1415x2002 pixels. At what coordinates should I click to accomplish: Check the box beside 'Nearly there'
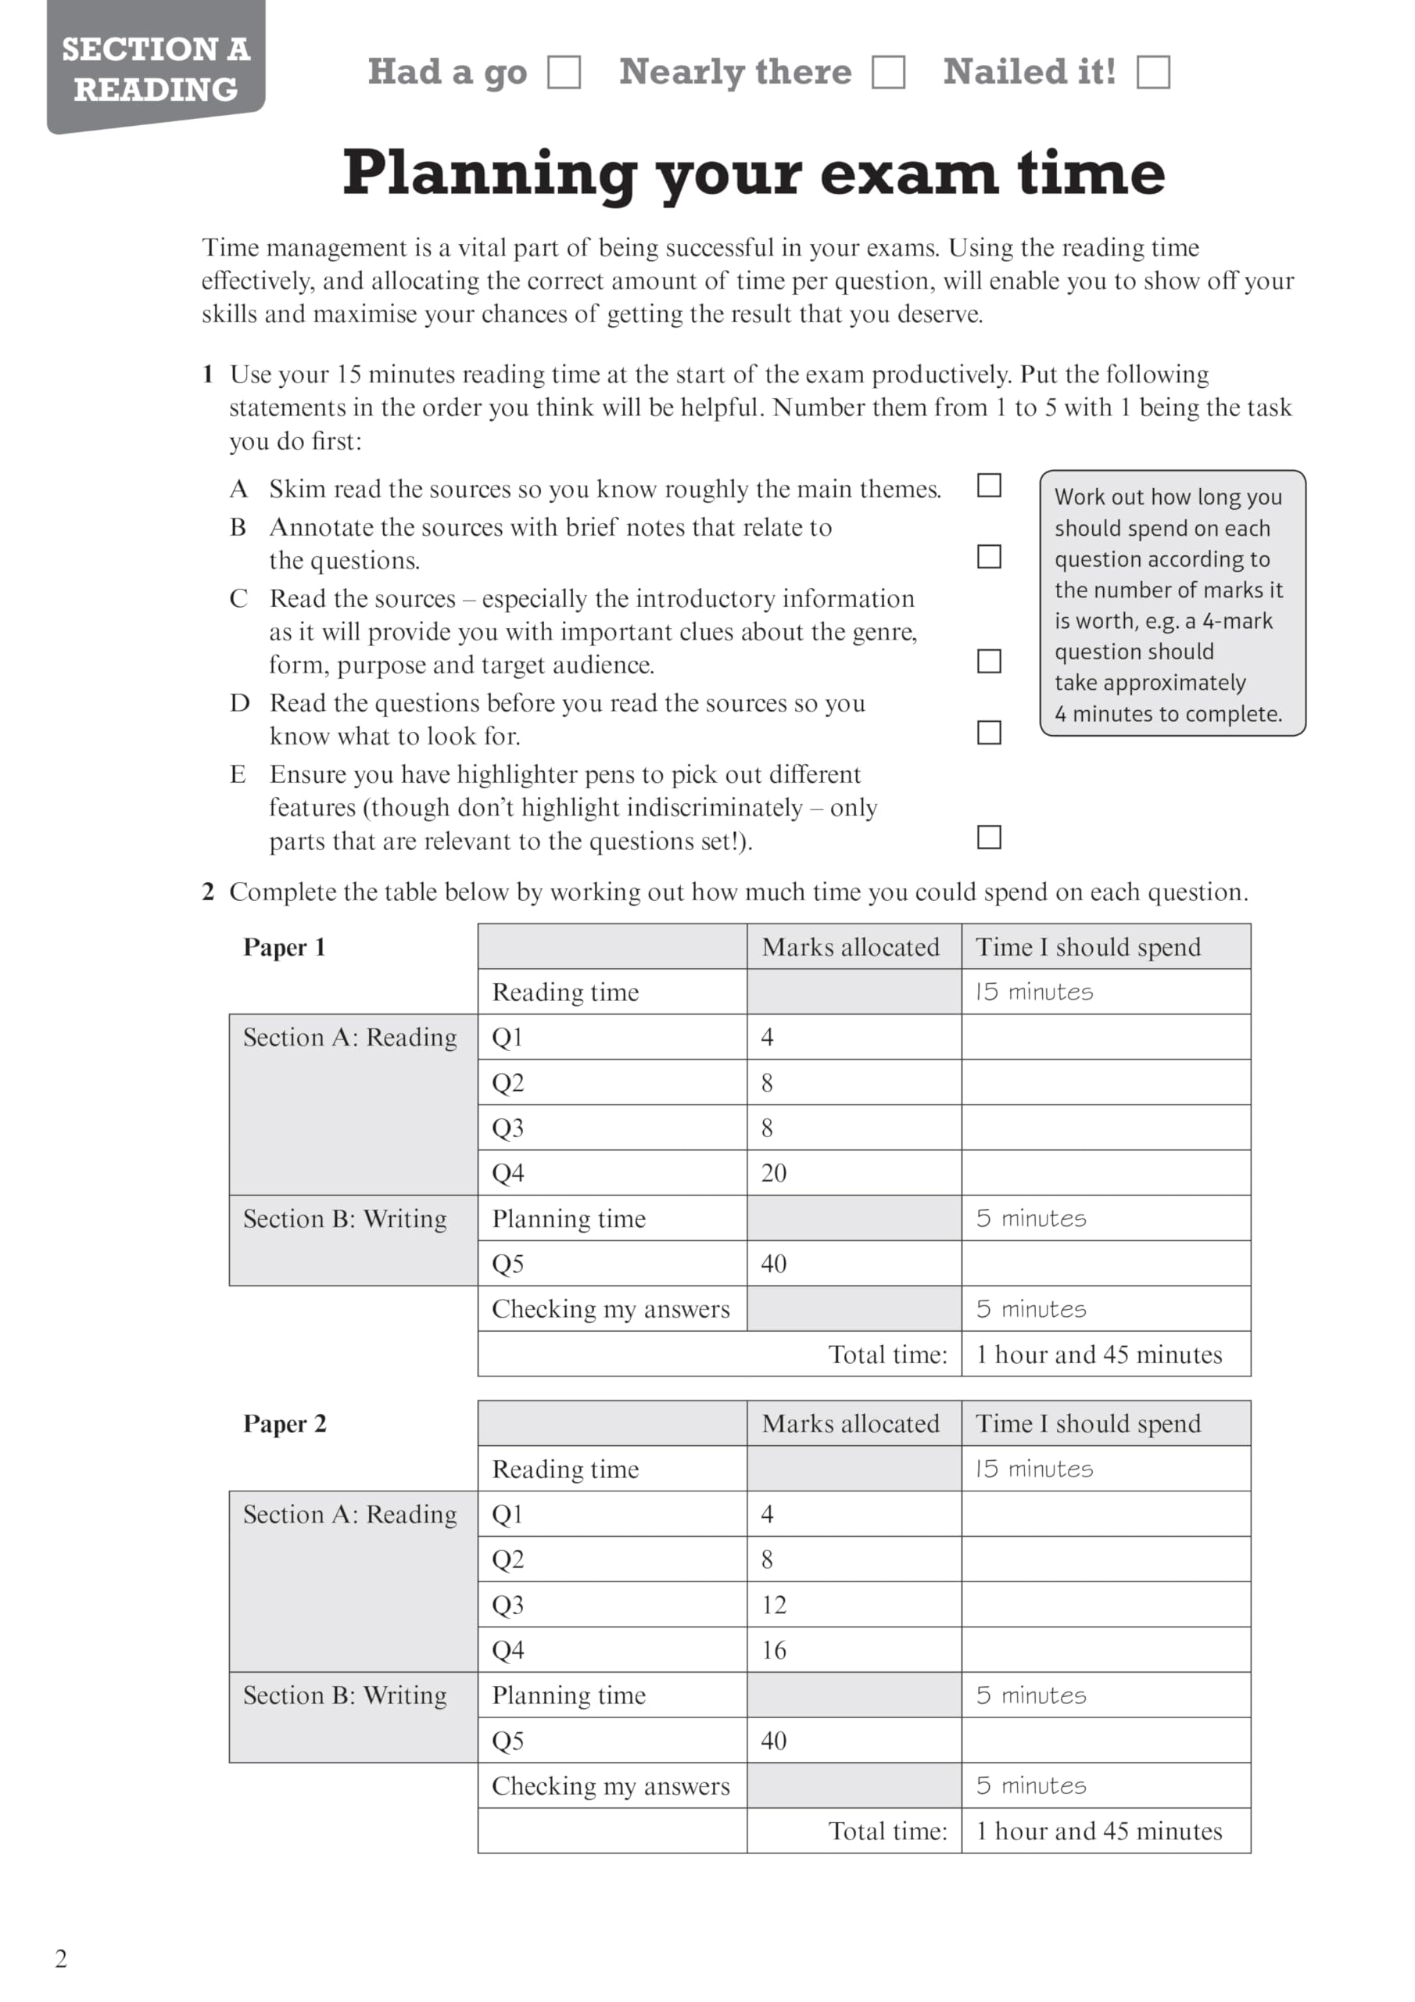pyautogui.click(x=887, y=73)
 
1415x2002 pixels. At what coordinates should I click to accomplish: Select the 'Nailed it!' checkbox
pyautogui.click(x=1152, y=73)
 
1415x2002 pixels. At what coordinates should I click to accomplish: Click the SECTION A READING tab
pyautogui.click(x=156, y=69)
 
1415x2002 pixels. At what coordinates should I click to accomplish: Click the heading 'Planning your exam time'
pyautogui.click(x=754, y=173)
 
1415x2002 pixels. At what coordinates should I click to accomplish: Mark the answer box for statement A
pyautogui.click(x=989, y=486)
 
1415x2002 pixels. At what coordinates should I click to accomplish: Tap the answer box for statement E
pyautogui.click(x=989, y=837)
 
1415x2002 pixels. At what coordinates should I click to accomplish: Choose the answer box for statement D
pyautogui.click(x=989, y=733)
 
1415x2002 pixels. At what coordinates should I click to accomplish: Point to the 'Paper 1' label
pyautogui.click(x=285, y=947)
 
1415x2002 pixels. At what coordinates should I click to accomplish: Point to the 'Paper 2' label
pyautogui.click(x=285, y=1424)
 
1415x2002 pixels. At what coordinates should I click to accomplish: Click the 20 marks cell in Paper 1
pyautogui.click(x=854, y=1173)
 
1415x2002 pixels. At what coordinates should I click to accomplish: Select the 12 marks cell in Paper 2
pyautogui.click(x=854, y=1605)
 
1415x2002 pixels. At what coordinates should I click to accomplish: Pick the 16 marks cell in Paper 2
pyautogui.click(x=854, y=1650)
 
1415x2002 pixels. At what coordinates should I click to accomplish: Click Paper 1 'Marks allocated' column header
pyautogui.click(x=851, y=947)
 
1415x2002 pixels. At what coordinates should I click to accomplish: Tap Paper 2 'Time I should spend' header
pyautogui.click(x=1088, y=1424)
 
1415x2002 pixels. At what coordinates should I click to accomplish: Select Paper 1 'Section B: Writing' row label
pyautogui.click(x=346, y=1219)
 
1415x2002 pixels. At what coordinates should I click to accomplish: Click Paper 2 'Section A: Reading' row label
pyautogui.click(x=349, y=1515)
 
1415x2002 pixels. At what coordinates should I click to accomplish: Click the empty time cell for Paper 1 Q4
pyautogui.click(x=1105, y=1173)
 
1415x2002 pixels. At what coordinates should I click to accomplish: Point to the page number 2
pyautogui.click(x=61, y=1958)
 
